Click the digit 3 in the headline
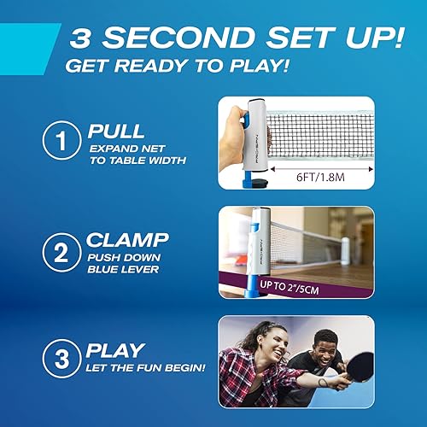(88, 38)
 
